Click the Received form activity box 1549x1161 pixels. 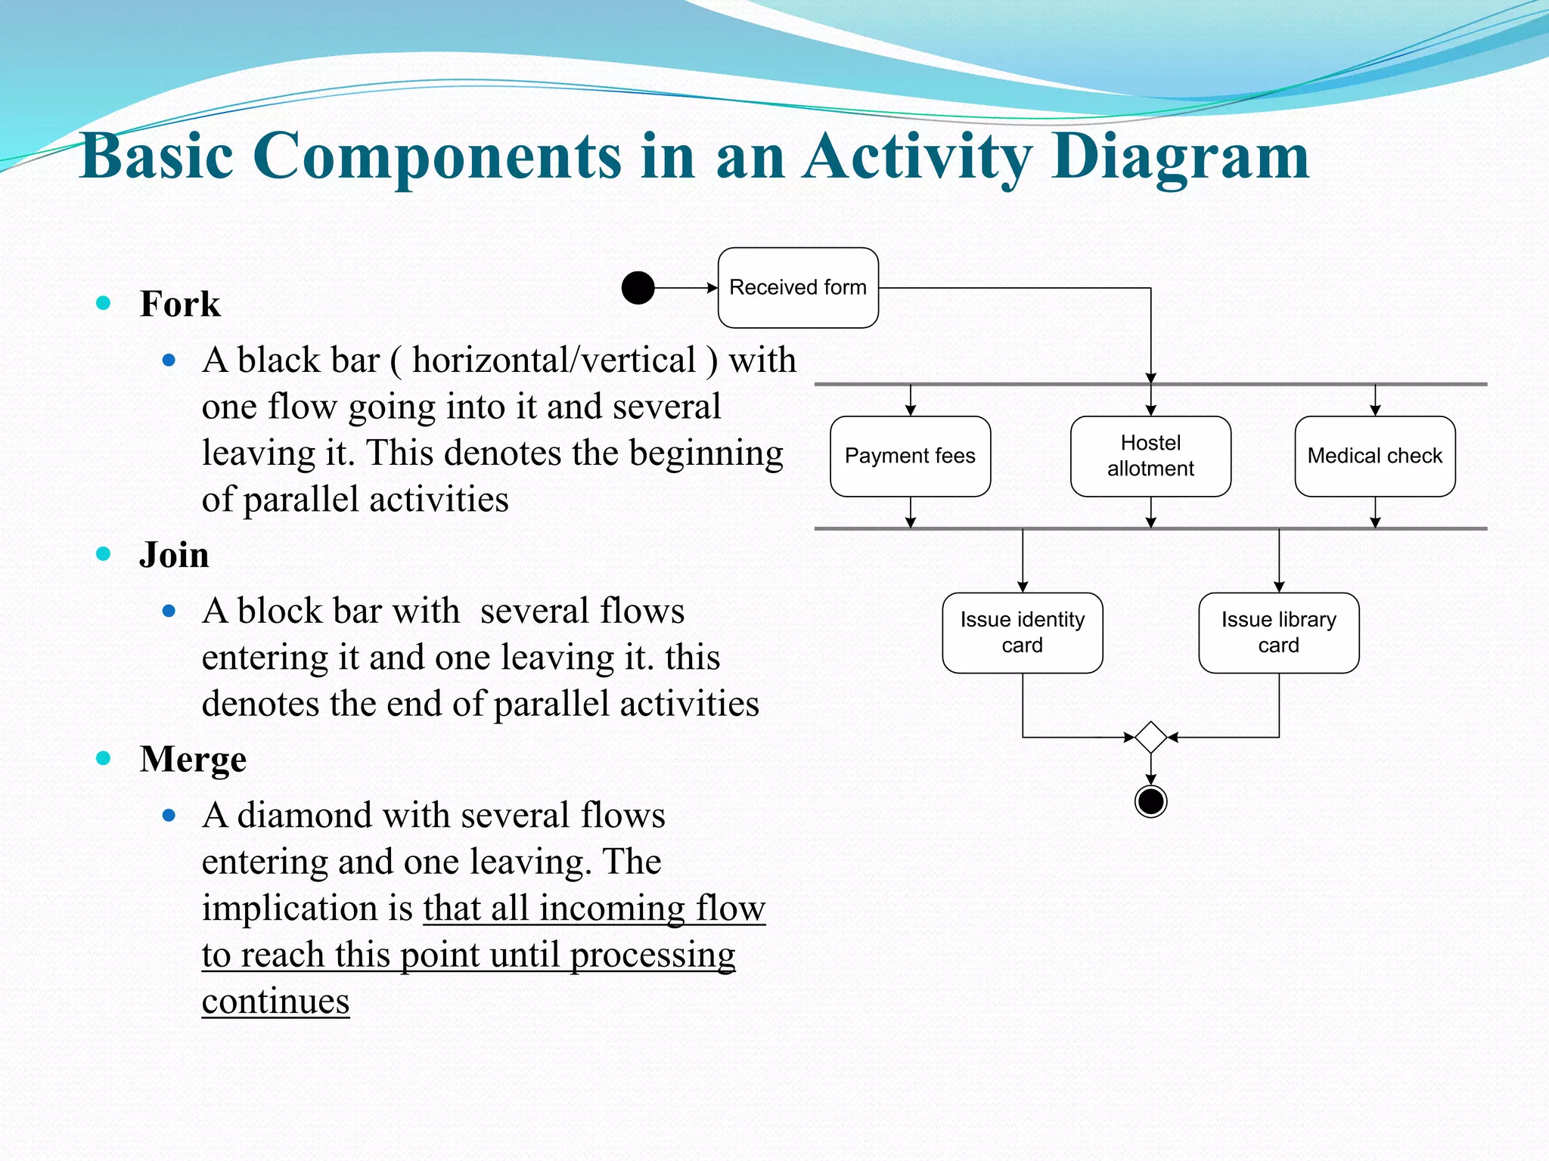(x=798, y=288)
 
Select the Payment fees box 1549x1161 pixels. (x=910, y=457)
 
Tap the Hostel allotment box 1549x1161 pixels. (x=1150, y=457)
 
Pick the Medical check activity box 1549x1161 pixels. (x=1374, y=457)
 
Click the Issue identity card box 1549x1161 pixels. (x=1022, y=633)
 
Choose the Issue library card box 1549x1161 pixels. (x=1278, y=633)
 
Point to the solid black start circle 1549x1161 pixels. (x=638, y=288)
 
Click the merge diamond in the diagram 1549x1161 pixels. (x=1150, y=737)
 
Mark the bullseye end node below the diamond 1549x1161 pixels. (x=1150, y=801)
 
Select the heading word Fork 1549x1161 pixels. (x=180, y=304)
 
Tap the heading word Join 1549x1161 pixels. (x=174, y=555)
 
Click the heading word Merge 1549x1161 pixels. (x=193, y=759)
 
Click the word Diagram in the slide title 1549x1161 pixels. (x=1180, y=157)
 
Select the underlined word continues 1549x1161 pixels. (x=275, y=1002)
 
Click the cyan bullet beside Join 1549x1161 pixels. (x=104, y=554)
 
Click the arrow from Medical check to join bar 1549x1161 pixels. (x=1375, y=512)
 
